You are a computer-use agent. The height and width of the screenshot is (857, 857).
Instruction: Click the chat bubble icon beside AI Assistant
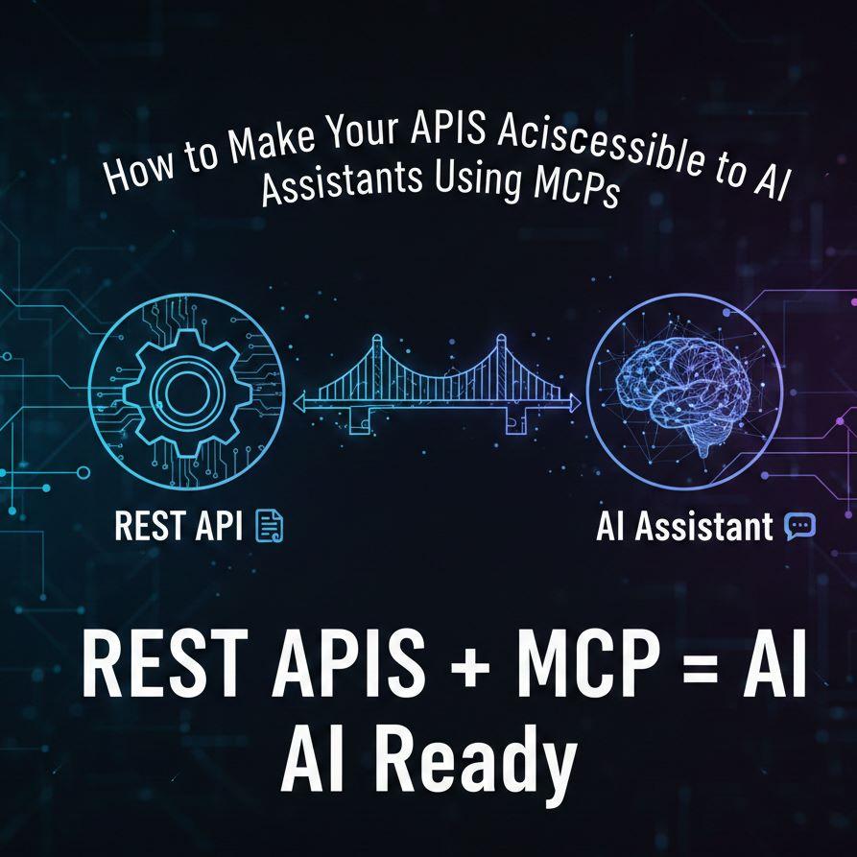(x=799, y=526)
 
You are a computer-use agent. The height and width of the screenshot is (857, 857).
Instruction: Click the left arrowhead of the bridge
(x=298, y=405)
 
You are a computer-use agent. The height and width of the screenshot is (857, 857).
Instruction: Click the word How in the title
(x=134, y=174)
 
